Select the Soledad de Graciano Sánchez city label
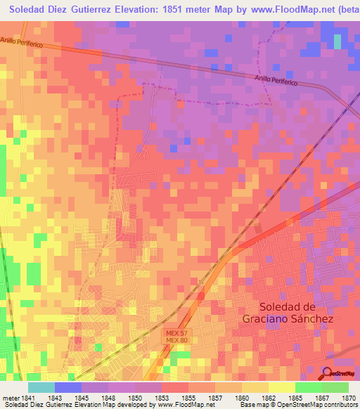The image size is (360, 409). (x=296, y=312)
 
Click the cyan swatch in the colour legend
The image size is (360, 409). (x=41, y=387)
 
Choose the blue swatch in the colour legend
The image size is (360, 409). (x=68, y=387)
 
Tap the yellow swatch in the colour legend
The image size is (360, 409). (x=281, y=387)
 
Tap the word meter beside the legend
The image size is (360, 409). (x=10, y=397)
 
